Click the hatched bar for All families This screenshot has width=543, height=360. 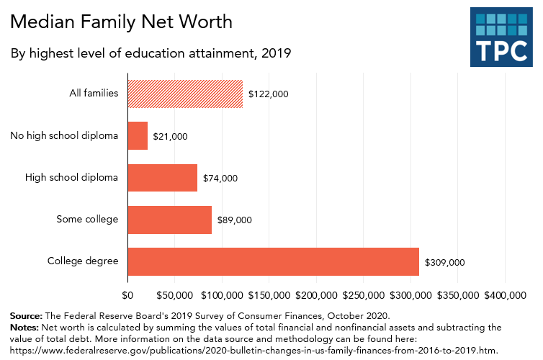185,94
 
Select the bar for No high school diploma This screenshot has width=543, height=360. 138,135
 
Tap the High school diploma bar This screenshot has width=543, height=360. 162,177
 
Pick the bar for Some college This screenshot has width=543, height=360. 169,220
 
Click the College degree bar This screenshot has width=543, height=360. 273,261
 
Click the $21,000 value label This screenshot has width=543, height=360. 171,136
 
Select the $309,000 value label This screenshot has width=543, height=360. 445,262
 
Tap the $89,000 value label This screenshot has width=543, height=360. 232,220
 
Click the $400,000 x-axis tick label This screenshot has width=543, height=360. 505,295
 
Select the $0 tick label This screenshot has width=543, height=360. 128,295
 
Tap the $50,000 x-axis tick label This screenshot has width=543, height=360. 175,295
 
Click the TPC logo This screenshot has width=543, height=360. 501,37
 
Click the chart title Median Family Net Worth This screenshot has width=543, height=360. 122,22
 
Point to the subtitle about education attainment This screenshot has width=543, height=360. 151,53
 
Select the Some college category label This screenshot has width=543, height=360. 87,219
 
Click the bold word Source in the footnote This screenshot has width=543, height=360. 26,315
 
